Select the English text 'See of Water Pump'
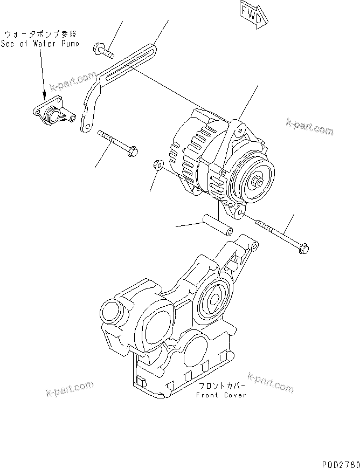[x=40, y=44]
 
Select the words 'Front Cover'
[x=221, y=395]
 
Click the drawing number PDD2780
[x=340, y=463]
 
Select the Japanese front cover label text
[x=221, y=387]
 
